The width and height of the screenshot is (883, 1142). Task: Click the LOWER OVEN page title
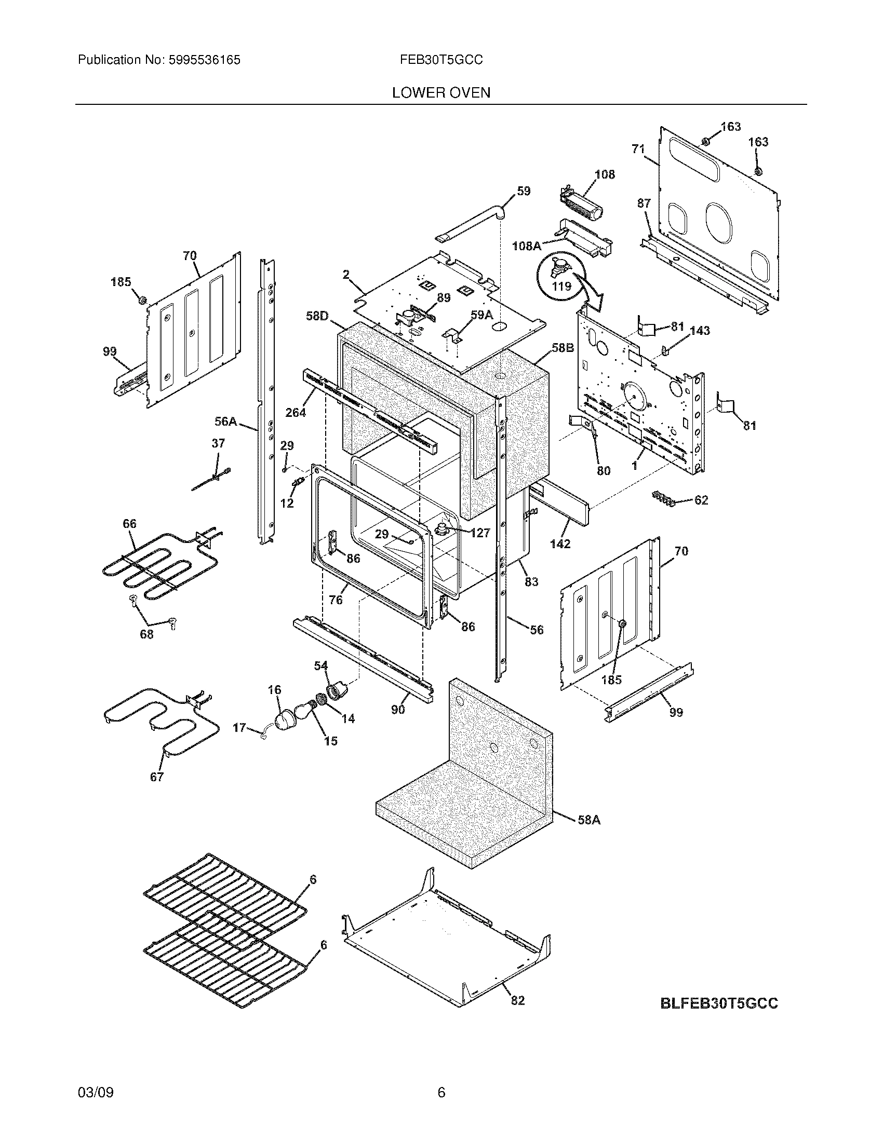(441, 92)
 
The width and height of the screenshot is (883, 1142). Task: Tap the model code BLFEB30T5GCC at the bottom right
(719, 1003)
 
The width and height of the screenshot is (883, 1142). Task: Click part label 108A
(526, 245)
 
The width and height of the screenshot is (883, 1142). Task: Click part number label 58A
(588, 820)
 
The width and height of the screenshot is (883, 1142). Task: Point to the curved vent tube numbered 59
(471, 222)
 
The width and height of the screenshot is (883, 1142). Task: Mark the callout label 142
(560, 543)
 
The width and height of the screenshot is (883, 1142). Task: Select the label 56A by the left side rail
(226, 422)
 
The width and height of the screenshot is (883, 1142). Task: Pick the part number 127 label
(480, 532)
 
